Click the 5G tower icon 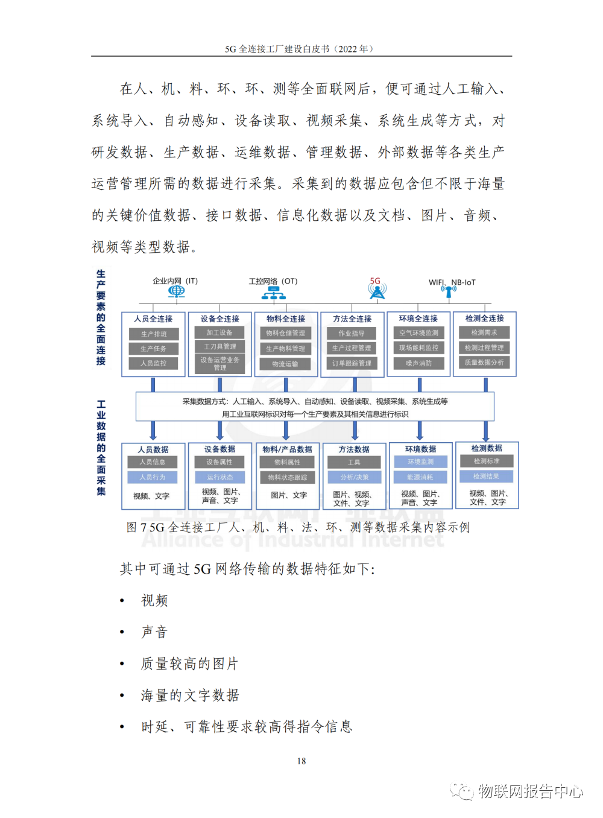point(377,291)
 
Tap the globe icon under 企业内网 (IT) point(176,291)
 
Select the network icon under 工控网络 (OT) point(273,293)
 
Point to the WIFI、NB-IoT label point(452,282)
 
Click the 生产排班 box point(154,334)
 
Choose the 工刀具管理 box point(219,347)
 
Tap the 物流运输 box point(285,364)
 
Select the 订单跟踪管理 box point(352,363)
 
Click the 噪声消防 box point(418,363)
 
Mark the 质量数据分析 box point(484,363)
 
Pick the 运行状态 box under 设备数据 point(219,477)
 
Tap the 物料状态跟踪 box point(287,477)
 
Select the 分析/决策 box point(354,477)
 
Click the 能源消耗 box point(420,477)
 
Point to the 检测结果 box point(486,477)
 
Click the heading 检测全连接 point(484,318)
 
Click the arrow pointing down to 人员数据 point(153,431)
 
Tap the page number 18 point(301,761)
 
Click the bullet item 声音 point(154,632)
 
